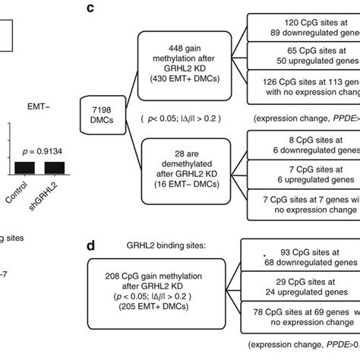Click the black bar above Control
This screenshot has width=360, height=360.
coord(27,166)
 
